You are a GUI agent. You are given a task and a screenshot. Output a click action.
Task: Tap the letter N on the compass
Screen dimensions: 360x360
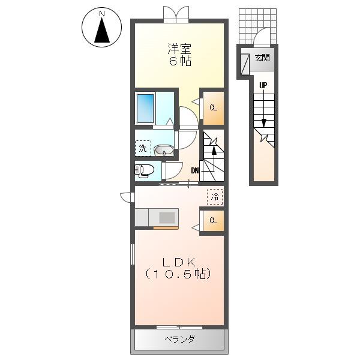102,14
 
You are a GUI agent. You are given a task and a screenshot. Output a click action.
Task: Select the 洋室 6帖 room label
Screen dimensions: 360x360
180,55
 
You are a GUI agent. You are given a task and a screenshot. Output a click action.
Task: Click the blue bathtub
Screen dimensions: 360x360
145,109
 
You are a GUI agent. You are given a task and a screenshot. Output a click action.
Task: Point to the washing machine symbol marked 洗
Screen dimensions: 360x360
143,148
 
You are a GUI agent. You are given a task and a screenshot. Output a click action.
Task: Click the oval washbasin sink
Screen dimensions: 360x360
164,151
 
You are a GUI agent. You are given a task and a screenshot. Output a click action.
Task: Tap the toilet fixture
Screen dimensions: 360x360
144,170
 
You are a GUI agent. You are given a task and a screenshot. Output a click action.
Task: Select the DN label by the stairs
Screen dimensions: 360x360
194,170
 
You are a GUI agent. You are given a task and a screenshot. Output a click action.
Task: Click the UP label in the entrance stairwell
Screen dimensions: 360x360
263,85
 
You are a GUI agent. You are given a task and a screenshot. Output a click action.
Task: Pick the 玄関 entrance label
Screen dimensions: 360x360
262,58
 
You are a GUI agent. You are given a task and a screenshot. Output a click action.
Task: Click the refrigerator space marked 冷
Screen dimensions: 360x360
215,197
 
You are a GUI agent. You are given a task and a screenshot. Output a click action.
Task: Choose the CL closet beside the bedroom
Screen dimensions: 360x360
213,108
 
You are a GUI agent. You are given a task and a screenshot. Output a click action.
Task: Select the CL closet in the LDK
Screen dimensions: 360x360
213,220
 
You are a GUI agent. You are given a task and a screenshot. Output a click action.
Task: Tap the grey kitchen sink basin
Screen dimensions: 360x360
167,217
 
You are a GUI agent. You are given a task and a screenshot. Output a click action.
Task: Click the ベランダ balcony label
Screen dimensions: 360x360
179,339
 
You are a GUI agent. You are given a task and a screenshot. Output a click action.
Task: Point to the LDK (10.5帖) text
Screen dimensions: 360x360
178,268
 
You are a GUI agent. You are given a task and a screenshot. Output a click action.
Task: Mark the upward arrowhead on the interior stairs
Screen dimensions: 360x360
214,150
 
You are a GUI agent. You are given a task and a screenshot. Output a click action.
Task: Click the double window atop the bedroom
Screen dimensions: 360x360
176,14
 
